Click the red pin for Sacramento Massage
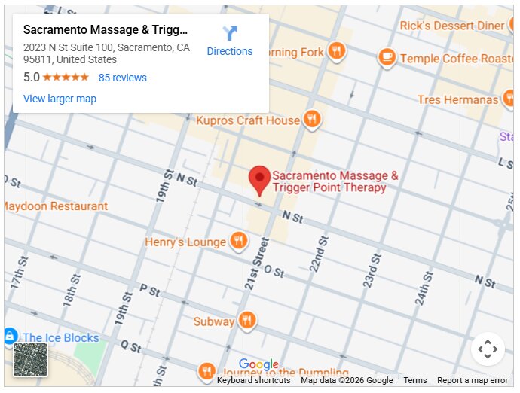pyautogui.click(x=260, y=179)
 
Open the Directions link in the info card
pyautogui.click(x=230, y=41)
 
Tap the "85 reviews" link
pyautogui.click(x=123, y=78)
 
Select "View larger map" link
pyautogui.click(x=60, y=99)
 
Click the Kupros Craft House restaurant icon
pyautogui.click(x=312, y=120)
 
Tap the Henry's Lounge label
pyautogui.click(x=185, y=242)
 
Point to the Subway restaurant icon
pyautogui.click(x=246, y=321)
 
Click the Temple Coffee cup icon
pyautogui.click(x=387, y=57)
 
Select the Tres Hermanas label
pyautogui.click(x=457, y=99)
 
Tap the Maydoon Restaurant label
pyautogui.click(x=57, y=206)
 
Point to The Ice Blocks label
pyautogui.click(x=60, y=337)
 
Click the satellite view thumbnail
pyautogui.click(x=31, y=359)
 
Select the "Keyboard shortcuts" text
pyautogui.click(x=253, y=380)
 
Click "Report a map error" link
pyautogui.click(x=473, y=380)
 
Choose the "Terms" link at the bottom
pyautogui.click(x=414, y=380)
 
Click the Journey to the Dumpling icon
pyautogui.click(x=206, y=371)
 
